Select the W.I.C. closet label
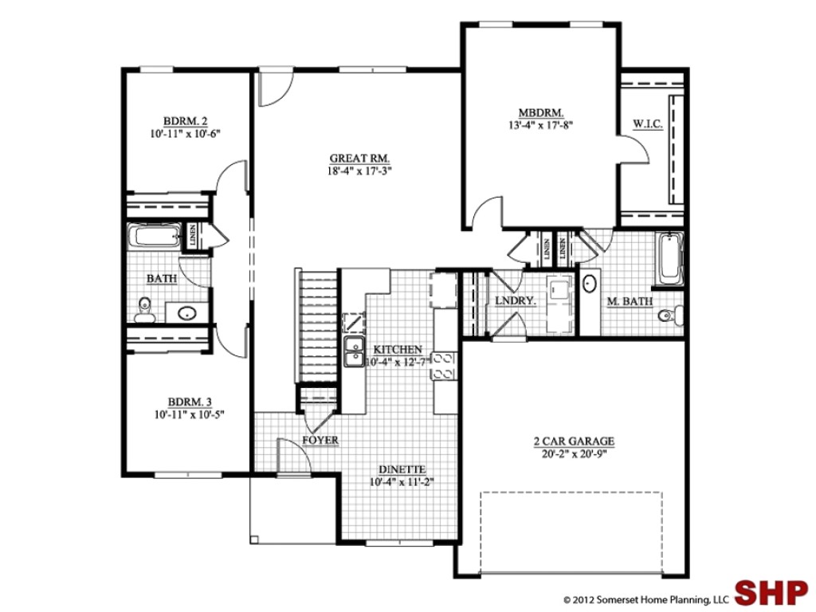click(647, 124)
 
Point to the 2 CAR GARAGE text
click(573, 441)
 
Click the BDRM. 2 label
click(185, 121)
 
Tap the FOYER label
click(320, 441)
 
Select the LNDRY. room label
click(514, 301)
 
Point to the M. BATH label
click(630, 301)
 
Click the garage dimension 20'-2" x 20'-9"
click(573, 453)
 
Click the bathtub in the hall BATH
click(155, 237)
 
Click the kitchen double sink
click(353, 351)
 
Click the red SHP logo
click(770, 593)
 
